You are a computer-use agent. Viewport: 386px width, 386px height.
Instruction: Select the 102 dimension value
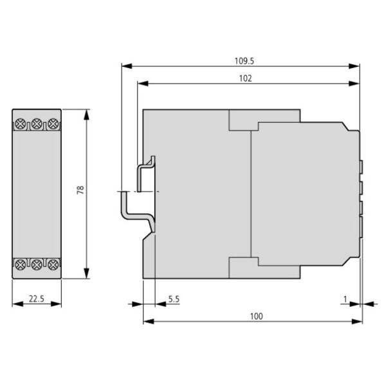pos(244,78)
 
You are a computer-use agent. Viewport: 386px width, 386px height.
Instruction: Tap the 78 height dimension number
pos(80,192)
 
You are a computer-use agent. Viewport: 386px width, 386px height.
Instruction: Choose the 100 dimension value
pos(256,317)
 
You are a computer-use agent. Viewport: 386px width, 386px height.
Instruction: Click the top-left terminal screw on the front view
pos(22,122)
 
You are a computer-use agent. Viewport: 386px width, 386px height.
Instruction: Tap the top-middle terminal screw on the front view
pos(37,122)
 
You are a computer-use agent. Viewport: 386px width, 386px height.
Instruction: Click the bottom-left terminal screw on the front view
pos(22,264)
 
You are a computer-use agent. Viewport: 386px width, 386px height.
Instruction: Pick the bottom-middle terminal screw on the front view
pos(37,264)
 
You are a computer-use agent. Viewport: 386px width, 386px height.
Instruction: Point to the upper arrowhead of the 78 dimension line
pos(87,113)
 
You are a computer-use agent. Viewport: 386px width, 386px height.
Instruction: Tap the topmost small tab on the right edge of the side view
pos(362,167)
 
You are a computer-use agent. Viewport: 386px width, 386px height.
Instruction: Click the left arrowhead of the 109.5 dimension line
pos(126,66)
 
